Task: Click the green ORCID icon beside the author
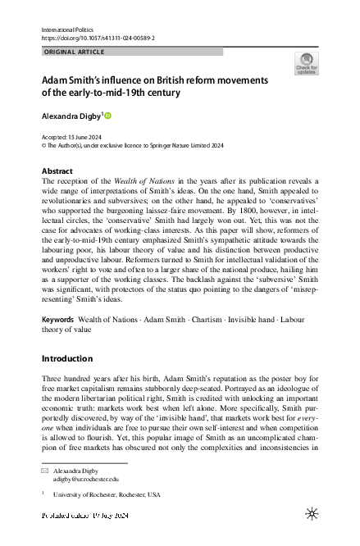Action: [x=107, y=116]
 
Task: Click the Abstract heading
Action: [x=57, y=171]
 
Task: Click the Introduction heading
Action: [x=66, y=359]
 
